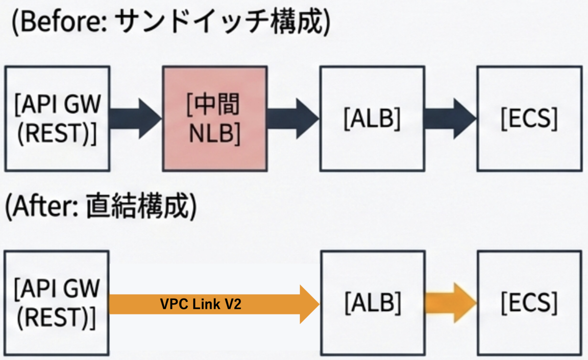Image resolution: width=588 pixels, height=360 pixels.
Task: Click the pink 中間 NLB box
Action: point(215,119)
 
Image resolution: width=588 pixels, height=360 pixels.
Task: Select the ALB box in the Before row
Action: point(372,119)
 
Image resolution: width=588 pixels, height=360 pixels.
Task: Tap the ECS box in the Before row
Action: point(530,119)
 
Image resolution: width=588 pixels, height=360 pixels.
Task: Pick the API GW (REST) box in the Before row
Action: point(57,119)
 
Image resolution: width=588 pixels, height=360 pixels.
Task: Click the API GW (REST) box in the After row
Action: point(57,303)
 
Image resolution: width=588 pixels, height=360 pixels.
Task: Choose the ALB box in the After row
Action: point(373,303)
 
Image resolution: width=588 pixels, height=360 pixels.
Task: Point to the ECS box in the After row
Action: point(530,303)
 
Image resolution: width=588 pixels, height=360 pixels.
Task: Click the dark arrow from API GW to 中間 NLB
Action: point(136,119)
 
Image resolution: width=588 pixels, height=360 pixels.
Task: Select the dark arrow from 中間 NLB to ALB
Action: point(293,119)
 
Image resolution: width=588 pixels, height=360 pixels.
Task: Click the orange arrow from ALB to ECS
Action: point(451,303)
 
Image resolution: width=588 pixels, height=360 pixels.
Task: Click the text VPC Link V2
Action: point(200,304)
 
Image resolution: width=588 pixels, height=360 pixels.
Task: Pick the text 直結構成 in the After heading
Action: point(138,206)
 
